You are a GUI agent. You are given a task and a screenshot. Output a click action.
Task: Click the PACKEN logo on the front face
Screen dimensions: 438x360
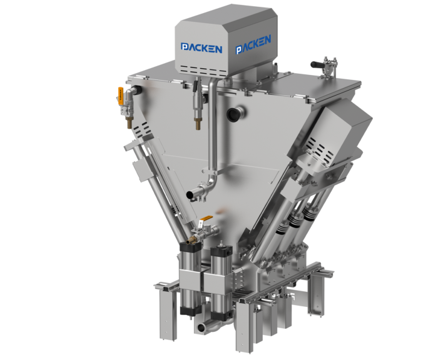(201, 48)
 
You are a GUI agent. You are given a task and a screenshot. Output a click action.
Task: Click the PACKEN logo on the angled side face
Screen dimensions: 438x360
(253, 44)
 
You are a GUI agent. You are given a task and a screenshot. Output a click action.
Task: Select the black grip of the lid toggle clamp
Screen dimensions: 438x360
(318, 64)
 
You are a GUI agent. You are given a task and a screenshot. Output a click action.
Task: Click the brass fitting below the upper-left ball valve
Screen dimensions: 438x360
(130, 122)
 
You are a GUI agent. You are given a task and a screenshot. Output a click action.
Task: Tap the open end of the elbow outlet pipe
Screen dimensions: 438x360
(190, 195)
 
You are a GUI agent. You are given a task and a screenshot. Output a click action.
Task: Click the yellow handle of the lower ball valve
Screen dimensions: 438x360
(207, 217)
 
